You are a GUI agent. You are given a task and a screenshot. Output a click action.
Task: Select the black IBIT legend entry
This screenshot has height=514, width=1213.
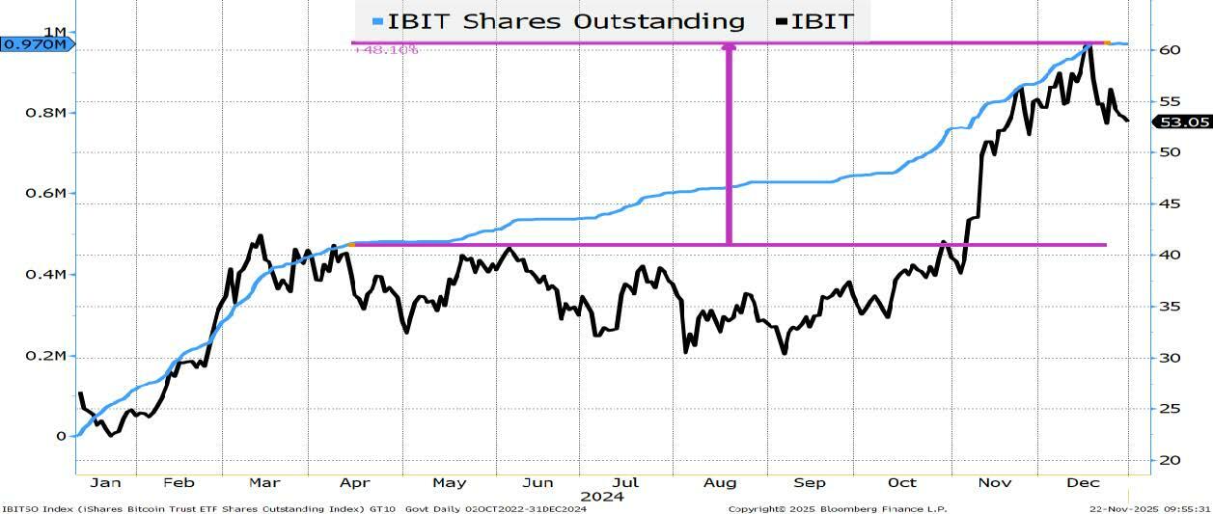814,21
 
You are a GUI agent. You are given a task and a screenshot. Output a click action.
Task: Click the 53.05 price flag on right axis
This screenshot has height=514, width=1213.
1181,122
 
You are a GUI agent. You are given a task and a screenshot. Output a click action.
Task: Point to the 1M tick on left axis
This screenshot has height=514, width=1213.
54,32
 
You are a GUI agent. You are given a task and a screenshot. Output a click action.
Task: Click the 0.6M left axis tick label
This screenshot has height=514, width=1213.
47,193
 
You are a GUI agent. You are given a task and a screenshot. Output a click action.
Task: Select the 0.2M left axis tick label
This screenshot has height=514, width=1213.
47,356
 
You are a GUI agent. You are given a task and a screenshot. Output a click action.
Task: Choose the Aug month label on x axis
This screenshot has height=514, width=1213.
721,482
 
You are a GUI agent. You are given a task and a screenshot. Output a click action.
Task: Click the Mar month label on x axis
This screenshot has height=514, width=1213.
264,482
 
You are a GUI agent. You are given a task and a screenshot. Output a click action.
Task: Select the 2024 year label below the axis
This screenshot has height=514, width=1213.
601,498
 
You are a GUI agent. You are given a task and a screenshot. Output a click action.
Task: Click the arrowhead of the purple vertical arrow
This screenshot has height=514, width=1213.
729,46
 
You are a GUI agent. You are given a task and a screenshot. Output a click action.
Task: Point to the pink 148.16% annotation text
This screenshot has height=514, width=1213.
386,49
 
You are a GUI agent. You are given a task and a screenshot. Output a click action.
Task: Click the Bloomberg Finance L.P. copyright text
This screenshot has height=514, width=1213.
837,508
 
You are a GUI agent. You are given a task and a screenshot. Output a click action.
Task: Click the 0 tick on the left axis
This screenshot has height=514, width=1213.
61,436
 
